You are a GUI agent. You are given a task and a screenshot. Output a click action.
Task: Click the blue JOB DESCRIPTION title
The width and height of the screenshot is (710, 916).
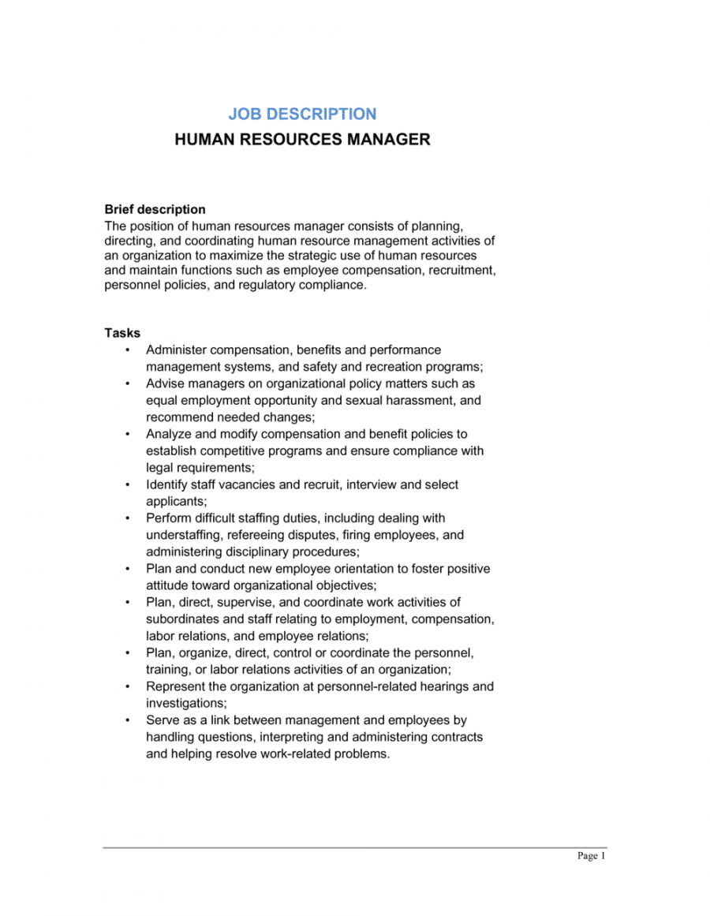coord(302,114)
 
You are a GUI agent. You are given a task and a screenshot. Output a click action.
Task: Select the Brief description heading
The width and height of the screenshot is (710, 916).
coord(155,210)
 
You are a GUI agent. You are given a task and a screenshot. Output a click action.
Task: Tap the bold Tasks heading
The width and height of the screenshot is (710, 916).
coord(122,333)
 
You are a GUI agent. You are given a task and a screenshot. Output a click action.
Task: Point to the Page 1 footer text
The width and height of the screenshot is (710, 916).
coord(591,857)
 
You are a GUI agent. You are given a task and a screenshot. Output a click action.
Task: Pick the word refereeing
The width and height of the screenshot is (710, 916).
coord(258,535)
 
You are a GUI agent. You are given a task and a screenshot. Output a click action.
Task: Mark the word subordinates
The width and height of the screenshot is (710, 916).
coord(184,619)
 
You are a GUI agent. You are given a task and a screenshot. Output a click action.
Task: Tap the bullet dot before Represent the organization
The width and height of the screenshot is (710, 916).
coord(128,686)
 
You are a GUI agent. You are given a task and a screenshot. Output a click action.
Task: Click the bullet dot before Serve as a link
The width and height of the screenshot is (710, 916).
coord(128,720)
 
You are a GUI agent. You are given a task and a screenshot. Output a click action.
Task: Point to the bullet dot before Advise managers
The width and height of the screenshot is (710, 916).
coord(128,383)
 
